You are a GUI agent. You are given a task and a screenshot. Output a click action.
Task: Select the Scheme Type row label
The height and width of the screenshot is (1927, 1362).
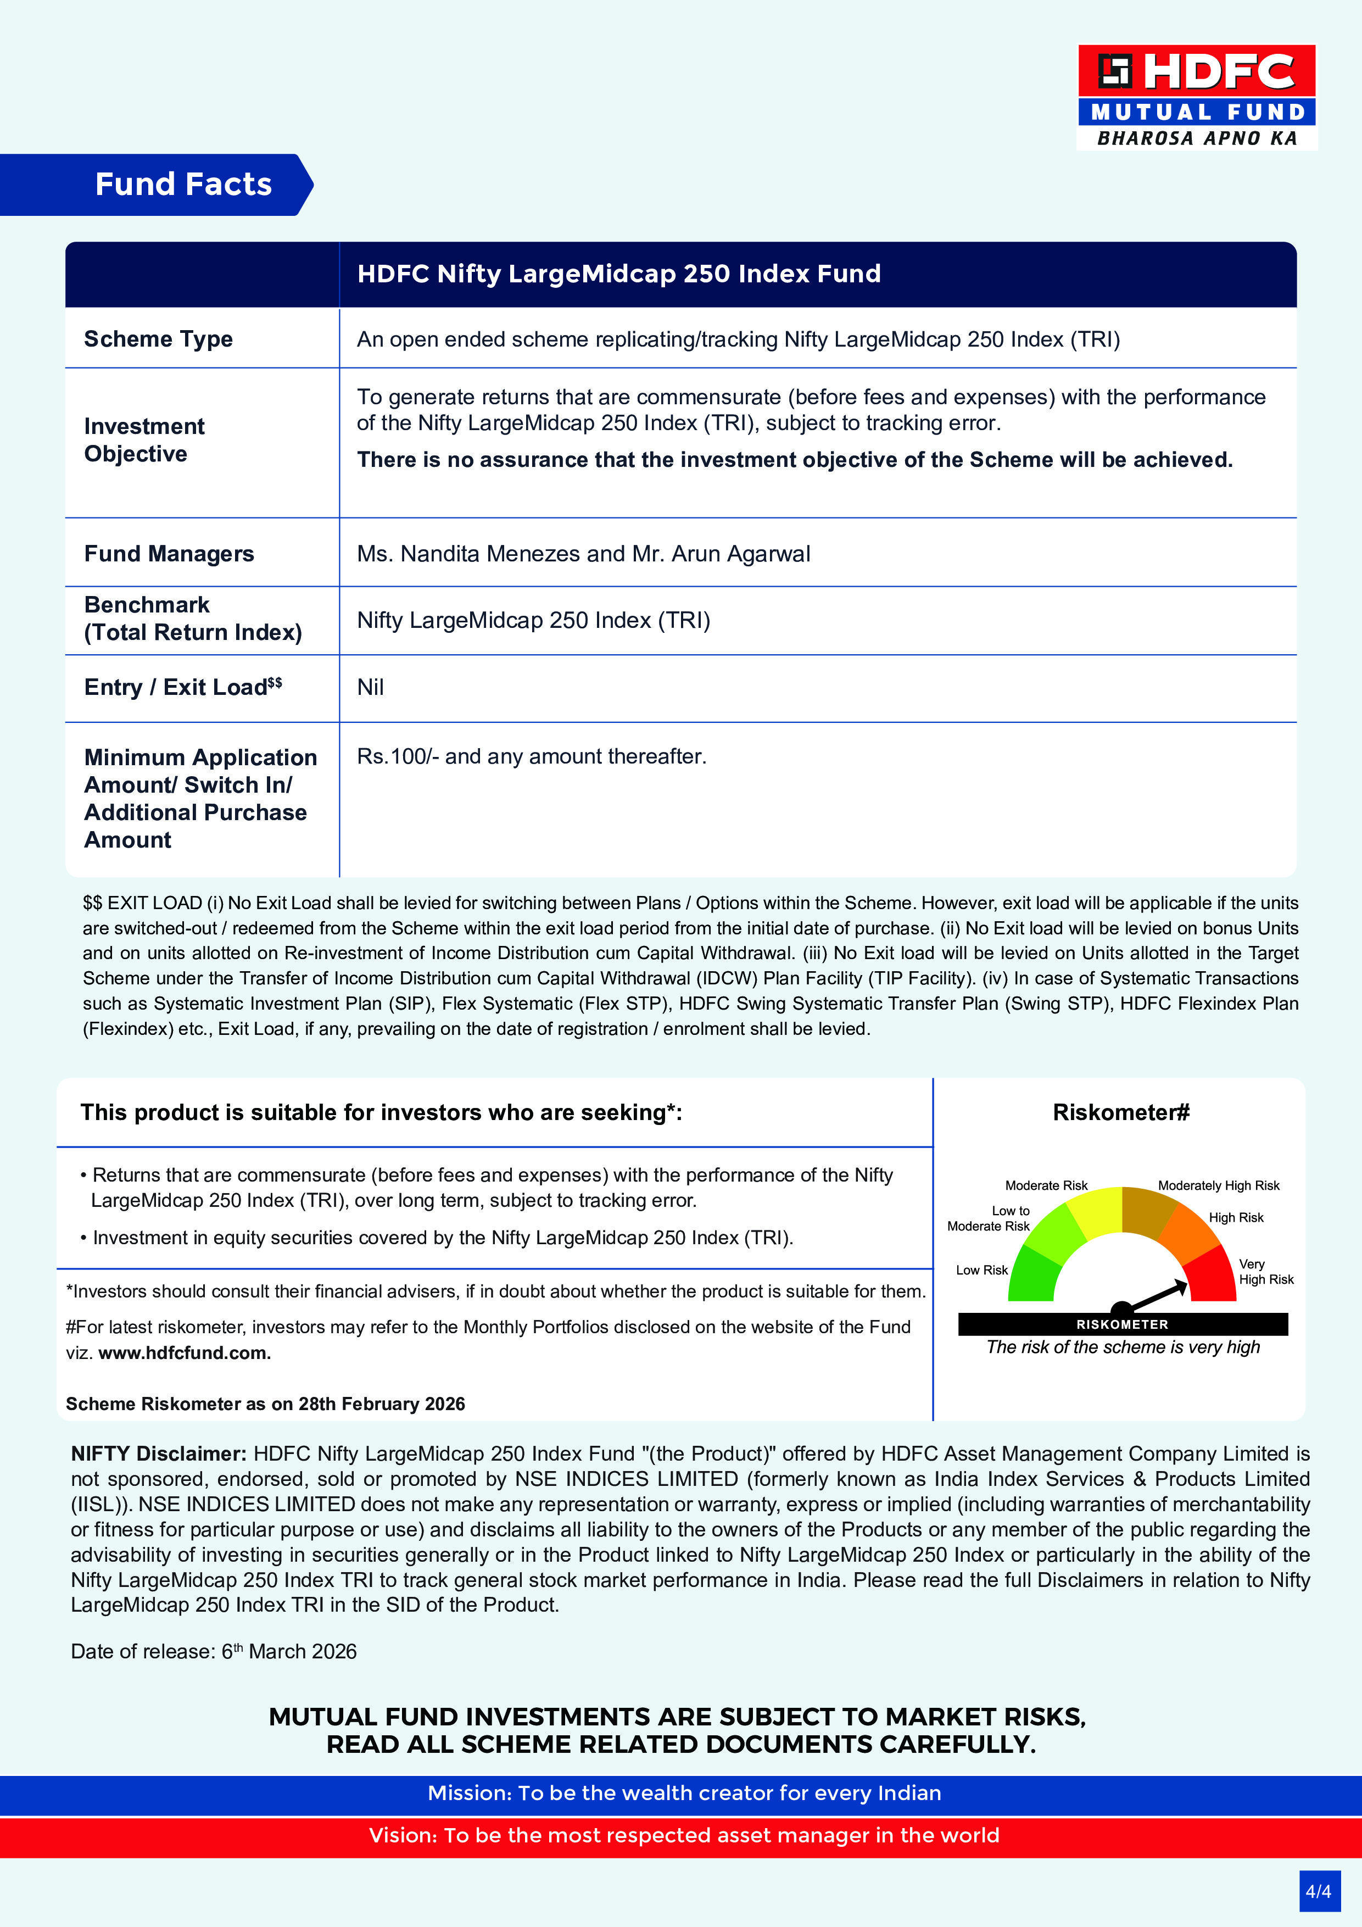(x=158, y=339)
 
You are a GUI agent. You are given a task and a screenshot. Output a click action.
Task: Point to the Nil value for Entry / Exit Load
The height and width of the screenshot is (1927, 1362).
(x=370, y=687)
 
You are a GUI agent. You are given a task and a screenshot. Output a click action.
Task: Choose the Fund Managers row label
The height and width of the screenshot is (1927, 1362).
(x=169, y=554)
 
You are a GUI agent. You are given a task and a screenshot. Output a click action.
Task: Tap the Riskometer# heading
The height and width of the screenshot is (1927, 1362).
(x=1121, y=1113)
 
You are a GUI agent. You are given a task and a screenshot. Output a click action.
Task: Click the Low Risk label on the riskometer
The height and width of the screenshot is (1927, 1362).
(x=981, y=1270)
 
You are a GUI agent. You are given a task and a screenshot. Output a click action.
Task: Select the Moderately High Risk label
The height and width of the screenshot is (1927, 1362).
(x=1219, y=1185)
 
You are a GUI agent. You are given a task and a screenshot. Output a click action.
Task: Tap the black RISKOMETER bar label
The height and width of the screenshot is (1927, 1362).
(x=1122, y=1324)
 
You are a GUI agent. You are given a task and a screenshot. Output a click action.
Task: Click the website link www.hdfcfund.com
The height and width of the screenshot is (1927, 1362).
(x=184, y=1353)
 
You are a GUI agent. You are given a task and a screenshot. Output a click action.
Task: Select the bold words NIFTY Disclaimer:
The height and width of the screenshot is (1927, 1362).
(x=159, y=1453)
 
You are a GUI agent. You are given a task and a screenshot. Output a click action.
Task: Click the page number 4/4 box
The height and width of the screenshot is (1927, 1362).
(x=1319, y=1891)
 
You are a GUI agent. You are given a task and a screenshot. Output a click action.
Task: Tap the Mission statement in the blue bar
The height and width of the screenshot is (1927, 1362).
(x=684, y=1793)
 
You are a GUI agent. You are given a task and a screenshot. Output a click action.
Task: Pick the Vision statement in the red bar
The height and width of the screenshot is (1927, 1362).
(x=684, y=1835)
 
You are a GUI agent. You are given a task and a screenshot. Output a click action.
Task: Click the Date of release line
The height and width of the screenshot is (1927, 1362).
(x=213, y=1652)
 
